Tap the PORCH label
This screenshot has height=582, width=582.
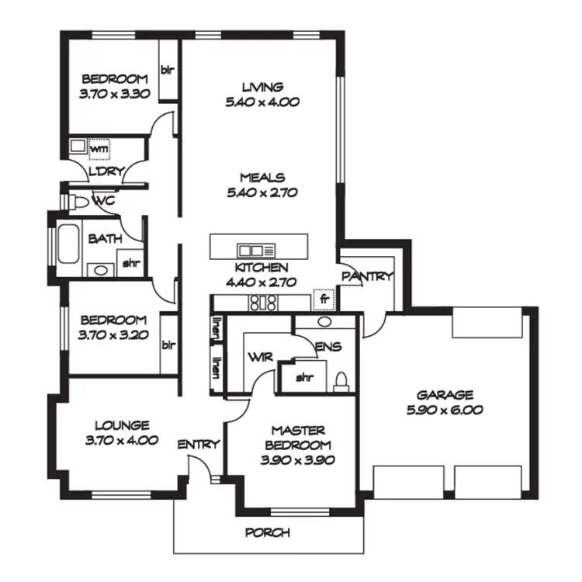pyautogui.click(x=267, y=533)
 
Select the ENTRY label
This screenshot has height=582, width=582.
pyautogui.click(x=199, y=445)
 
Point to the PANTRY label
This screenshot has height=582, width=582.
pyautogui.click(x=369, y=276)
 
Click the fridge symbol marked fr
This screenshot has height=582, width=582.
pyautogui.click(x=320, y=299)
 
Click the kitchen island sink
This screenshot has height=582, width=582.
pyautogui.click(x=252, y=250)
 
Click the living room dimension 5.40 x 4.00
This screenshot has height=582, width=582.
pyautogui.click(x=262, y=101)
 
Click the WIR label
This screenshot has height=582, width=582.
pyautogui.click(x=258, y=356)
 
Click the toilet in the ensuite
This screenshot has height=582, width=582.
pyautogui.click(x=341, y=379)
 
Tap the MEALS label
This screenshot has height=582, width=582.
pyautogui.click(x=262, y=177)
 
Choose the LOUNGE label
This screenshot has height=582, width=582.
pyautogui.click(x=122, y=425)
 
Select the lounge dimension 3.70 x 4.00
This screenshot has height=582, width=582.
pyautogui.click(x=122, y=439)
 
